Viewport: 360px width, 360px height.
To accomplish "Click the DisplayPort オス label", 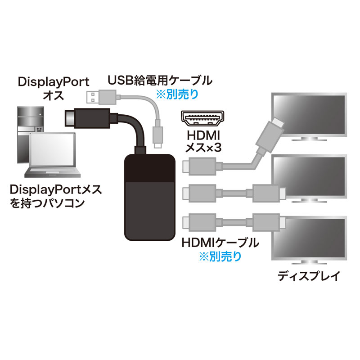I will point(53,89).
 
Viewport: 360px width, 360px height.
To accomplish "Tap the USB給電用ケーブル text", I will point(159,81).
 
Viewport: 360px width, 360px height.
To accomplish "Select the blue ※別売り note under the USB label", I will point(176,95).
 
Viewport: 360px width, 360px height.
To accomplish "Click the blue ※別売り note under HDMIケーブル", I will point(220,256).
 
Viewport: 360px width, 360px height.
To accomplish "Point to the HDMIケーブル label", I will point(220,243).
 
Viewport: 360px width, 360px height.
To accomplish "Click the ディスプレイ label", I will point(309,275).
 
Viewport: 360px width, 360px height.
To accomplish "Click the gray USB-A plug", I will point(101,96).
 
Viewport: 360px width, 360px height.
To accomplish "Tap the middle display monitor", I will point(309,176).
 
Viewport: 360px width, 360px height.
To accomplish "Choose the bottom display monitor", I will point(309,238).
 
